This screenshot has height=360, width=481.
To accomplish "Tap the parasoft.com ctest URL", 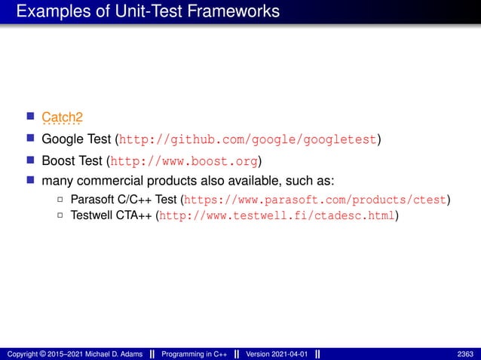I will (x=316, y=200).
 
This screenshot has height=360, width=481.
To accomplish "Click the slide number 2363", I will (x=465, y=354).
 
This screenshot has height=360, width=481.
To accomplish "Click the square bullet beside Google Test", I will (x=30, y=139).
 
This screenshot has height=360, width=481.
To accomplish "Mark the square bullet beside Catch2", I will (x=30, y=117).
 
